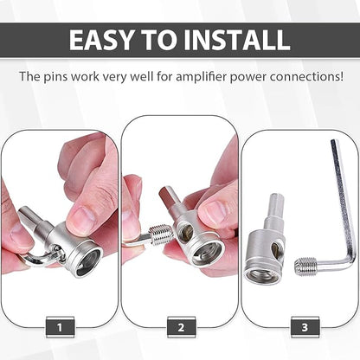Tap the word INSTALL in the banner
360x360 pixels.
click(x=237, y=40)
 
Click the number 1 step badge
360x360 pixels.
click(x=60, y=327)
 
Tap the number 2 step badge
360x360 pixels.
click(x=181, y=327)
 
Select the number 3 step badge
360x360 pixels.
click(x=305, y=327)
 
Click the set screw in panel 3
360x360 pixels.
click(x=305, y=267)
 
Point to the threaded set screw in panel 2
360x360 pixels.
click(x=161, y=235)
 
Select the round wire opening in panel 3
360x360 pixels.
click(x=262, y=276)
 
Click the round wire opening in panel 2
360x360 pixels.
click(x=208, y=254)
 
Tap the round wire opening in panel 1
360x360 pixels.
click(x=88, y=261)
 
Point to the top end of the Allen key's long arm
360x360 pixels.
click(x=335, y=141)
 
